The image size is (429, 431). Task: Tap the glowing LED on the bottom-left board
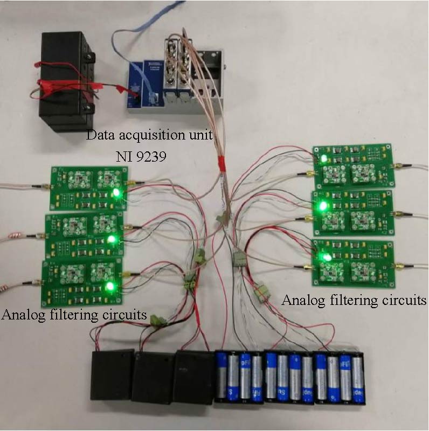[110, 286]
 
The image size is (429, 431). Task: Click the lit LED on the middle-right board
[323, 206]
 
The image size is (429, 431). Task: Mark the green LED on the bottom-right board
[326, 258]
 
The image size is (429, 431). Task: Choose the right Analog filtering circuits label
[354, 300]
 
